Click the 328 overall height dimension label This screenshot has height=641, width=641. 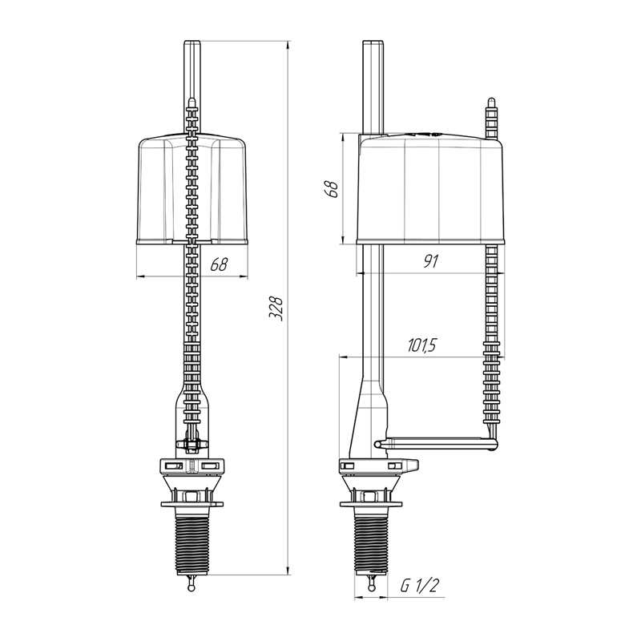click(276, 308)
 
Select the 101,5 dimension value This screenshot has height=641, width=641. click(422, 346)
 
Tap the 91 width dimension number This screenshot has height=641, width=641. click(430, 261)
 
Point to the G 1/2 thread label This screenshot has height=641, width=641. click(419, 586)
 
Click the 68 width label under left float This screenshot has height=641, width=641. click(219, 264)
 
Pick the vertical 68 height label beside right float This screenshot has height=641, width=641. click(333, 189)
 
